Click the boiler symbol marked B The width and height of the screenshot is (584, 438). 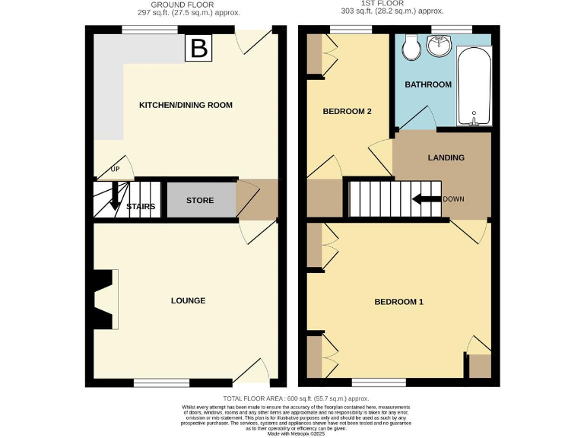coord(198,49)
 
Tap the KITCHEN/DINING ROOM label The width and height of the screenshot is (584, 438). coord(185,105)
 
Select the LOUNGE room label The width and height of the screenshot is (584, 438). coord(188,300)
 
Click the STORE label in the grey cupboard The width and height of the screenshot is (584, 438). coord(200,201)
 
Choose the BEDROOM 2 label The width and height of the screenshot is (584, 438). coord(347,112)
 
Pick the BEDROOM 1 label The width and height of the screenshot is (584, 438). coord(398,302)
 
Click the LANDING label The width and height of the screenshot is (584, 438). coord(446,157)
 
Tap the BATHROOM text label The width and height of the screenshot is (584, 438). coord(427,84)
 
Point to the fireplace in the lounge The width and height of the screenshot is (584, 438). coord(103,300)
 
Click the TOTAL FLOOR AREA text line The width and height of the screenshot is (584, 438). coord(296,398)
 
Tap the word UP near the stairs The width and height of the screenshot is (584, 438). coord(115,169)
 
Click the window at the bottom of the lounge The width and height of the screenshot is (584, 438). coord(162,382)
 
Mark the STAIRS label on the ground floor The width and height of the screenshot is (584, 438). coord(141,206)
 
